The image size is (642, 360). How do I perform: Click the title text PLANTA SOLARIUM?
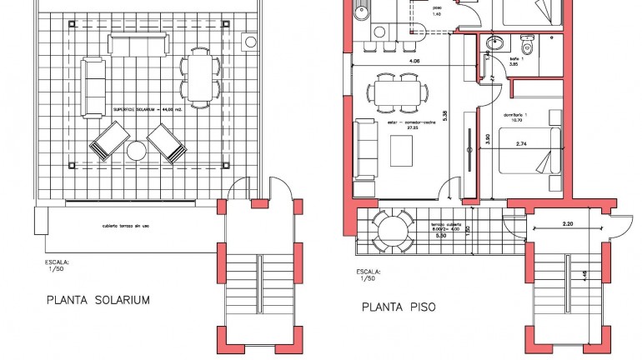[98, 300]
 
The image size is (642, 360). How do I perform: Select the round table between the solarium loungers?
[136, 151]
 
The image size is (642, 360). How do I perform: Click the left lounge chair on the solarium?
[107, 141]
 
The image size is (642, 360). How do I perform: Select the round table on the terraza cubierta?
[390, 227]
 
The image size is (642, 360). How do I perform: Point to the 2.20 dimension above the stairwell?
[569, 224]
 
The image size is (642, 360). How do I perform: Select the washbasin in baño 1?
[491, 43]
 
